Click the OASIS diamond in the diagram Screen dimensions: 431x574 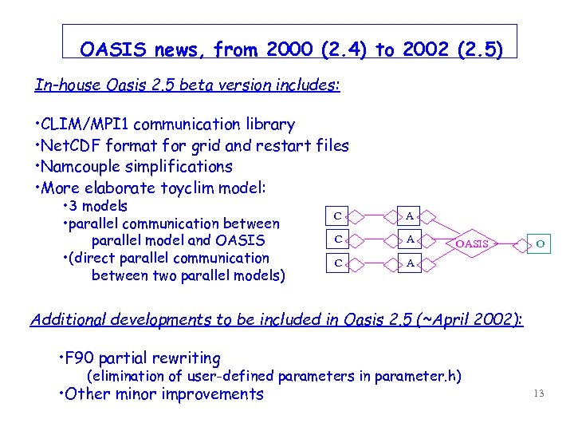pos(470,243)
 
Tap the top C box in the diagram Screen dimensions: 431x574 pos(338,215)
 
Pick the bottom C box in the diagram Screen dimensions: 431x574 pos(338,261)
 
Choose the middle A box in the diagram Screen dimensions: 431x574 pos(409,238)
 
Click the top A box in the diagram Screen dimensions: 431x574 pos(409,215)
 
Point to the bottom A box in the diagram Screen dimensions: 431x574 pos(409,261)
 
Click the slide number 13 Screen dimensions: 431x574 pos(539,393)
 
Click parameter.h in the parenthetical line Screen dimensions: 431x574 pos(421,376)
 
